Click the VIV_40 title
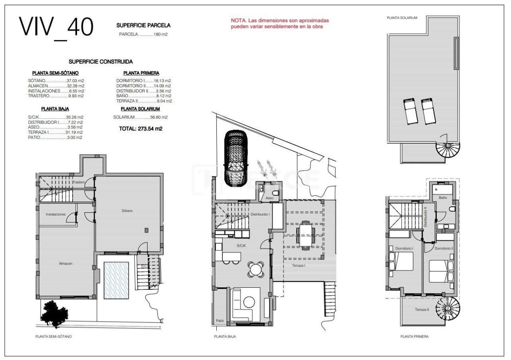(56, 28)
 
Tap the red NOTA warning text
(279, 24)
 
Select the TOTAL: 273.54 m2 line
(141, 129)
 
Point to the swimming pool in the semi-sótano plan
(116, 280)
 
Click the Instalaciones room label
(55, 214)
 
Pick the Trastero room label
(79, 182)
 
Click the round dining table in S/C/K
(255, 269)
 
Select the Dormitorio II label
(444, 249)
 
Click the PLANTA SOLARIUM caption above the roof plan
(402, 18)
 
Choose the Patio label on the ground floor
(220, 321)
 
